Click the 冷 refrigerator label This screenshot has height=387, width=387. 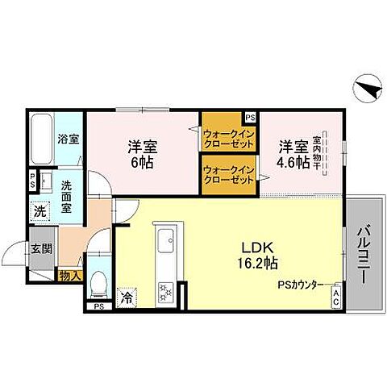(x=127, y=298)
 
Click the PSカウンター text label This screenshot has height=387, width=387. (x=302, y=285)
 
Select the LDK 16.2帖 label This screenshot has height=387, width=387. (x=259, y=255)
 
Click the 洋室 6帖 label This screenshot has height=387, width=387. (x=142, y=154)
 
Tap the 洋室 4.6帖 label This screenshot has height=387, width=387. (x=293, y=154)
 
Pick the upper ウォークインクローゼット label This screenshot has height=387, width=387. (x=229, y=139)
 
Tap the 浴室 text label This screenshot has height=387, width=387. (x=68, y=139)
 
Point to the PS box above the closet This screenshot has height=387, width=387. (x=250, y=116)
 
